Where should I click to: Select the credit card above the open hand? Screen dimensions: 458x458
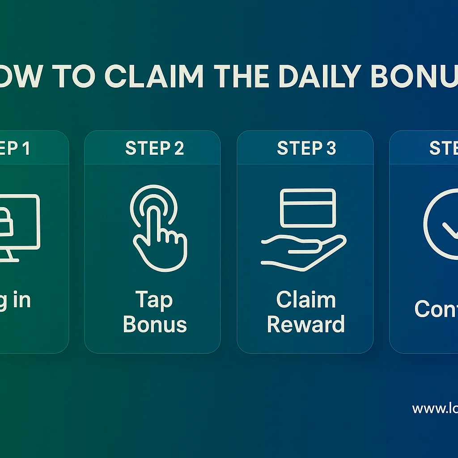click(x=308, y=208)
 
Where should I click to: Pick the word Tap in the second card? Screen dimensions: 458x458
click(x=153, y=301)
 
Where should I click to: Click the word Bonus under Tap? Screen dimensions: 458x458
click(x=155, y=324)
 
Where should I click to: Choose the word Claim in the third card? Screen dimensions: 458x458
click(x=306, y=300)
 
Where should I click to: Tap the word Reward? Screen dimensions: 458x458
click(x=306, y=324)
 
